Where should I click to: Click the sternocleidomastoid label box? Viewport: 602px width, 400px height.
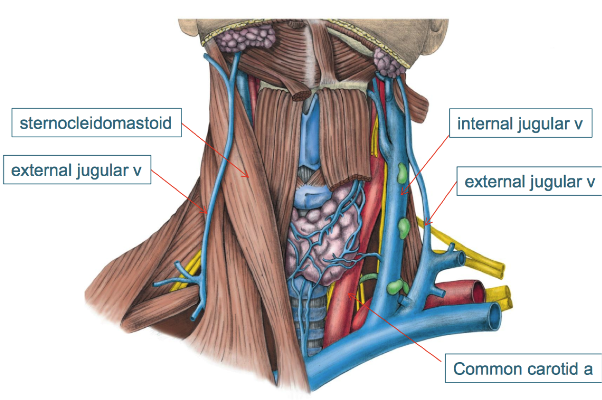95,123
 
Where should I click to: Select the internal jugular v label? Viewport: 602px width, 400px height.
520,123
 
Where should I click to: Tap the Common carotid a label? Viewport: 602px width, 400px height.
523,369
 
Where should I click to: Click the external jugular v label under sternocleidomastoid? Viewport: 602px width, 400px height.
76,170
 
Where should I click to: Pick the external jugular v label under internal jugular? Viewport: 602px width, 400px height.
529,182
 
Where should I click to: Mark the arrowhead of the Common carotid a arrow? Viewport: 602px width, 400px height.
348,293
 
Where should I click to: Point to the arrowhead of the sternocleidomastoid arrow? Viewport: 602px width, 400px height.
249,177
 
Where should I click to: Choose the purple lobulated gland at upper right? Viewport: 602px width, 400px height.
388,60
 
